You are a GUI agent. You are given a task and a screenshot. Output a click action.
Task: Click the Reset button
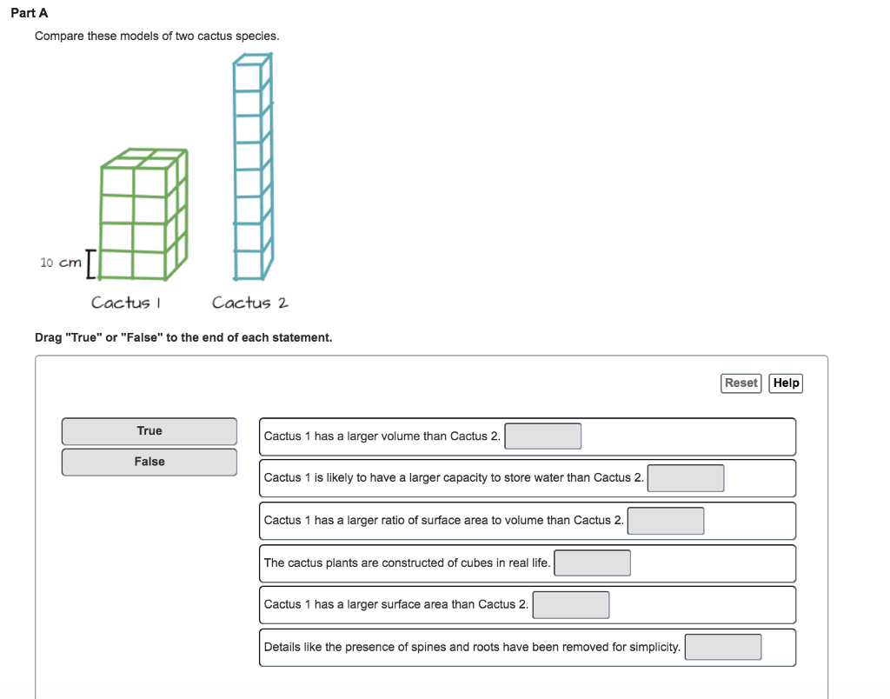[x=741, y=383]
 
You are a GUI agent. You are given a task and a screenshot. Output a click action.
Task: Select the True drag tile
[x=149, y=431]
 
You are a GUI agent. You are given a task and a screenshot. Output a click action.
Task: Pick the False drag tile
[x=149, y=462]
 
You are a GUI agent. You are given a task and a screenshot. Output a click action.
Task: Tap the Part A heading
[x=30, y=13]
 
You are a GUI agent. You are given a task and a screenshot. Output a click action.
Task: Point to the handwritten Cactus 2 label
[x=249, y=303]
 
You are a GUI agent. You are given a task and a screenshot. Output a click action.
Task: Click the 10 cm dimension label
[x=60, y=262]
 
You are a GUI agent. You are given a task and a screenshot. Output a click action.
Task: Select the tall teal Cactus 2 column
[x=252, y=165]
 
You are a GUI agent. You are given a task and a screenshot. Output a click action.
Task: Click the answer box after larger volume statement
[x=543, y=436]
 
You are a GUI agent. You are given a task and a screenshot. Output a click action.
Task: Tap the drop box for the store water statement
[x=686, y=478]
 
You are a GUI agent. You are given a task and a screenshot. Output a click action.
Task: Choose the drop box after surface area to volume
[x=666, y=521]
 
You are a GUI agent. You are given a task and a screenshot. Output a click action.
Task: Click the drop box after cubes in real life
[x=593, y=563]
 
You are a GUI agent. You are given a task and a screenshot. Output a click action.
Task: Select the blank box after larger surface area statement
[x=571, y=605]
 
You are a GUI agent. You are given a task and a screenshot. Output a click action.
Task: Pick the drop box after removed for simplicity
[x=723, y=648]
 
